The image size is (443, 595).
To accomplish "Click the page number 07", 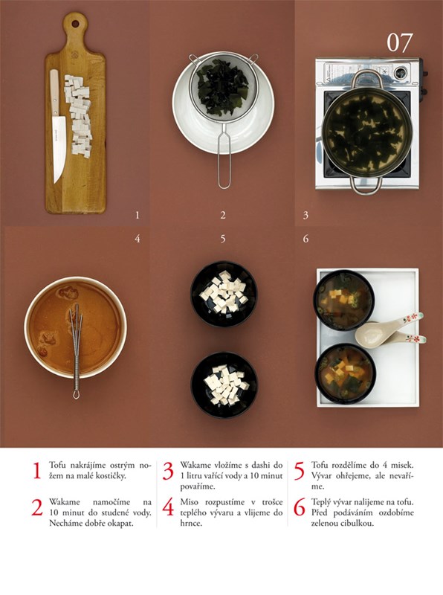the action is (399, 42).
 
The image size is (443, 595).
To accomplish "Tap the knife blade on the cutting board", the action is (59, 148).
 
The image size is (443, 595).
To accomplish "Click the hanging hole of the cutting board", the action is (76, 24).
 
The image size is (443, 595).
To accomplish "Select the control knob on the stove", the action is (401, 72).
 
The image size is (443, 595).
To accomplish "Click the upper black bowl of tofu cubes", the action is (224, 294).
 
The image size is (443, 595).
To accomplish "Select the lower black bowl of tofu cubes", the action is (224, 385).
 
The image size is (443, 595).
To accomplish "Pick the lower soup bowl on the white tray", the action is (345, 373).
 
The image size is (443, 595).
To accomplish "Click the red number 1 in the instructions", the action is (36, 471).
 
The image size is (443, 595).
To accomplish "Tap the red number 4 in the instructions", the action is (168, 507).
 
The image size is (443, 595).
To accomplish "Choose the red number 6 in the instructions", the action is (300, 507).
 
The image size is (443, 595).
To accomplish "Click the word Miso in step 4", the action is (189, 502).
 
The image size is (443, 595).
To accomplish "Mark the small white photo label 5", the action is (223, 239).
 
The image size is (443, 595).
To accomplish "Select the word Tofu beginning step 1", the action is (57, 465).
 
